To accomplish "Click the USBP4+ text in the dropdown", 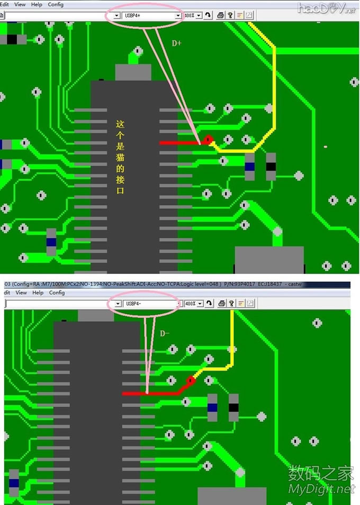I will tap(132, 15).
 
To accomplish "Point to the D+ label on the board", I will tap(176, 43).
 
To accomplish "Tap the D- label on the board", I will tap(165, 333).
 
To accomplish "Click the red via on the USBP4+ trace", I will tap(209, 140).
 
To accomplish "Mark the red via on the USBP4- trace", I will tap(190, 380).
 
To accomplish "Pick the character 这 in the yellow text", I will tap(120, 124).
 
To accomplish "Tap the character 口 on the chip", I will tap(120, 190).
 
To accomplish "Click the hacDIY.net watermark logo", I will tap(326, 8).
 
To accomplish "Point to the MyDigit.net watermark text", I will tap(321, 489).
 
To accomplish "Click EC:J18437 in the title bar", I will tap(275, 285).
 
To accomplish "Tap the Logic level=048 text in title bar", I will tap(195, 285).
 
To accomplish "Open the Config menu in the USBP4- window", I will tap(57, 293).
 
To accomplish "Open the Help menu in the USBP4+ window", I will tap(37, 4).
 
